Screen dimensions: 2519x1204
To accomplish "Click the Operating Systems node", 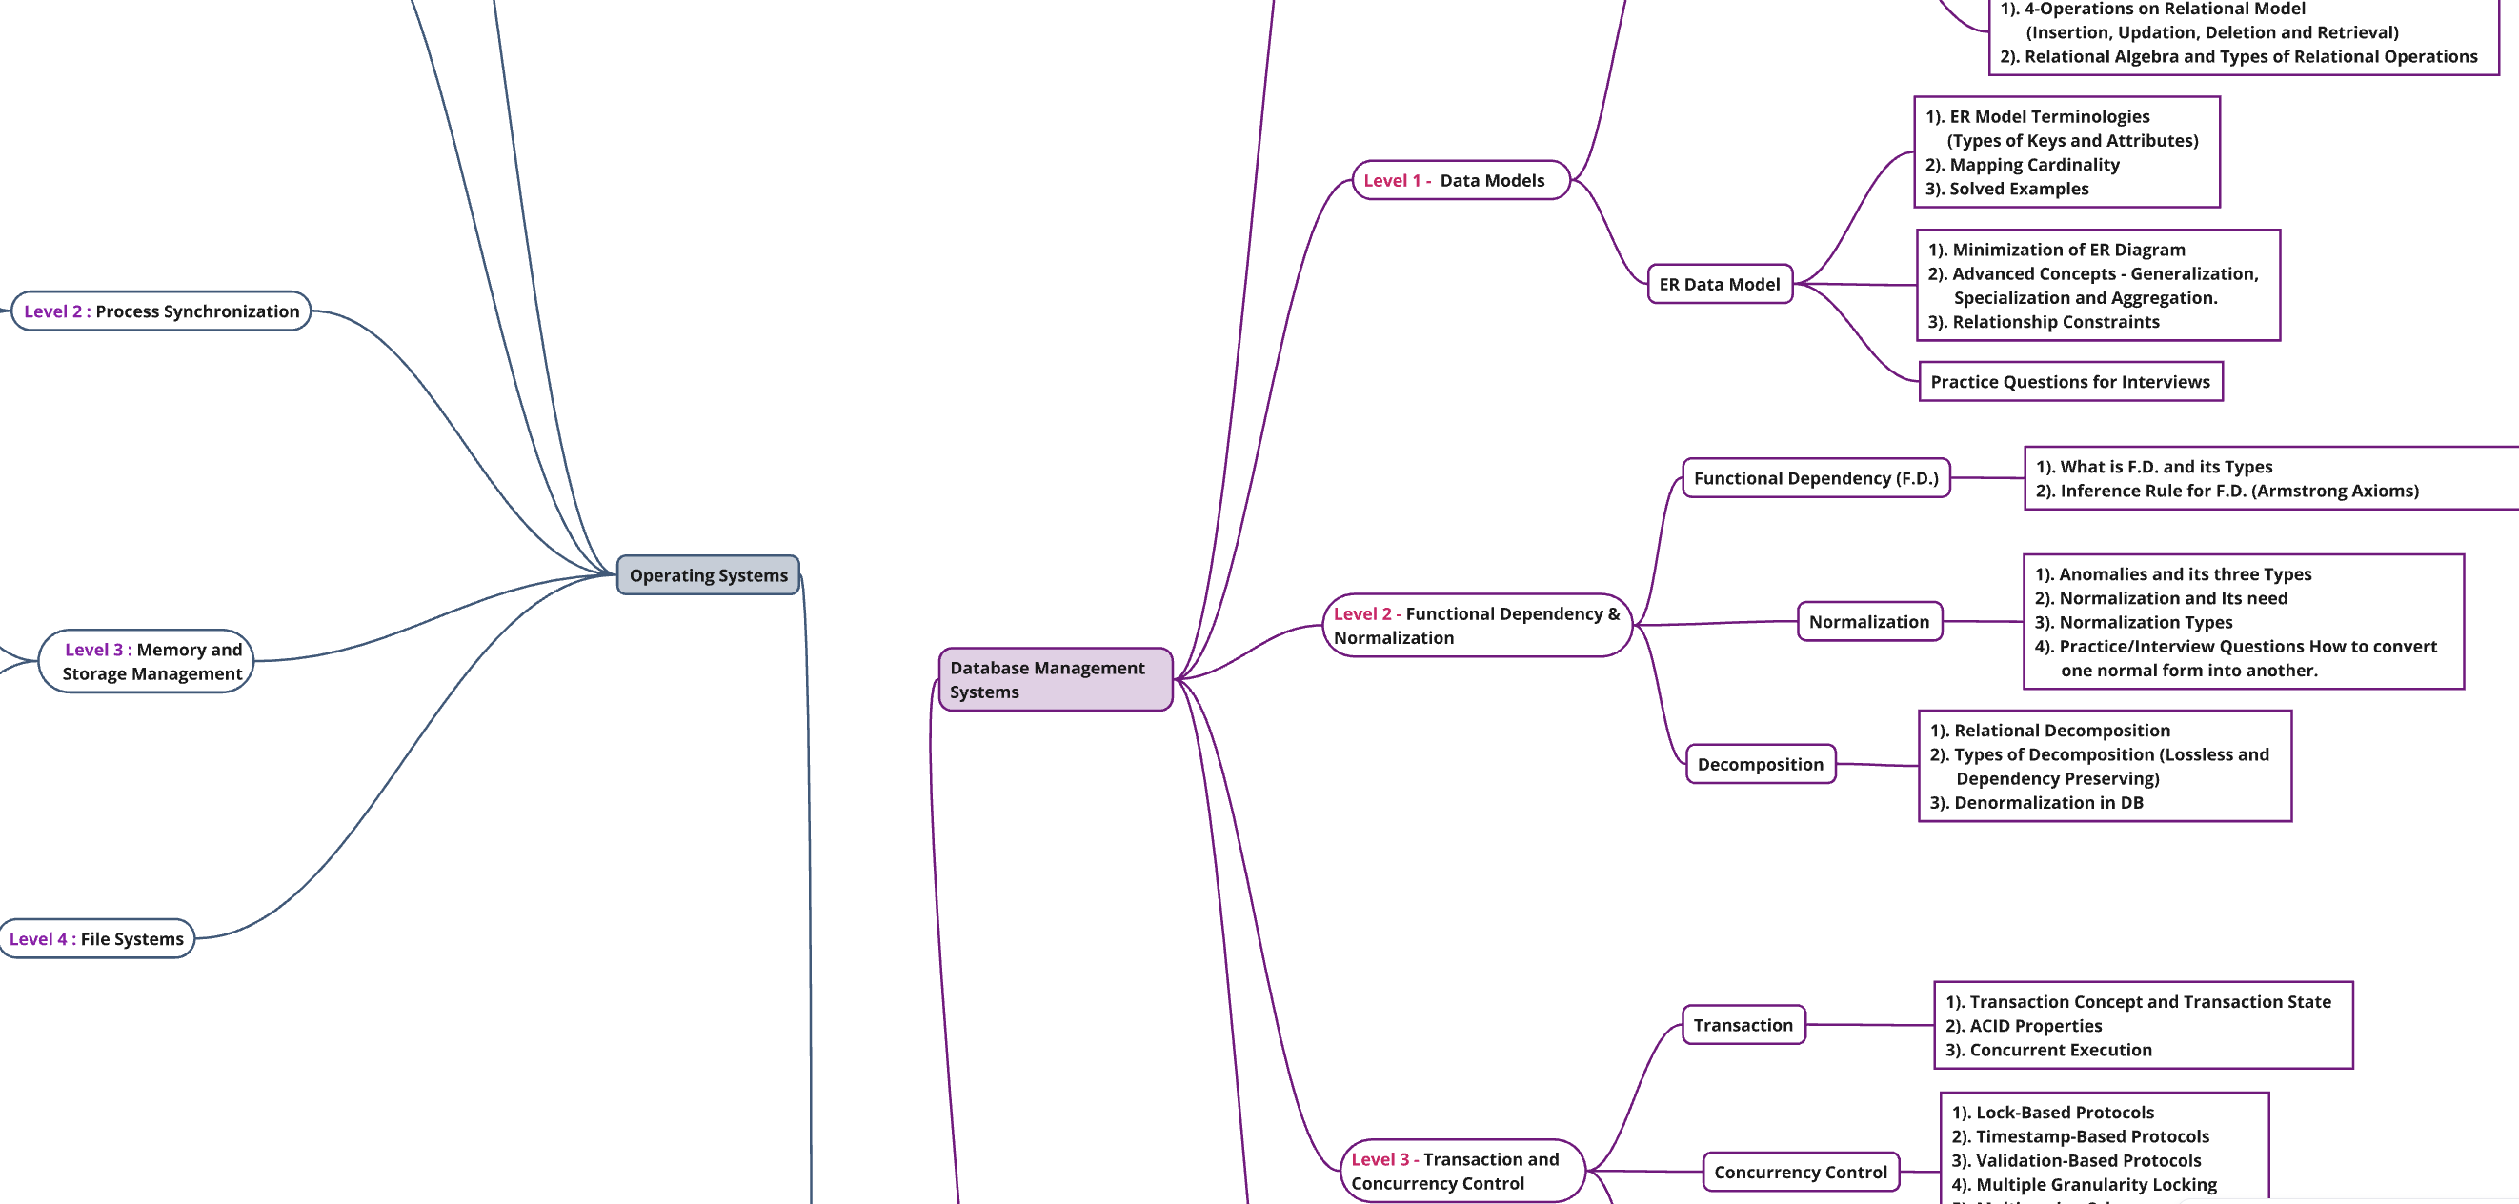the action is pyautogui.click(x=708, y=575).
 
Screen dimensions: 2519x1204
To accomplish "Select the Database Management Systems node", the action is pyautogui.click(x=1055, y=679).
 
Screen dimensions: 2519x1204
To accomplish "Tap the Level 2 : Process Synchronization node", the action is pyautogui.click(x=161, y=311).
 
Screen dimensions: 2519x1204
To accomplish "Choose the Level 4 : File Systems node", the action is pyautogui.click(x=97, y=939).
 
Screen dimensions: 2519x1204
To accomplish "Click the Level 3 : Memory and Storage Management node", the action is pyautogui.click(x=146, y=661).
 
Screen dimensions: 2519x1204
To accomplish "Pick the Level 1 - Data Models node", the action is pyautogui.click(x=1461, y=180).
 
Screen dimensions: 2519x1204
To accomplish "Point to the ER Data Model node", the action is pyautogui.click(x=1720, y=285).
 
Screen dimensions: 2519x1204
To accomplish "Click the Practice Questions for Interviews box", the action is pyautogui.click(x=2070, y=381).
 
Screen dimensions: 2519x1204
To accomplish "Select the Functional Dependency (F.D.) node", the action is pyautogui.click(x=1816, y=478).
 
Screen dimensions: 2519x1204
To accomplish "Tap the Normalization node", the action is pyautogui.click(x=1869, y=622).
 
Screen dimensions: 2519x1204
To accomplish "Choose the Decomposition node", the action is pyautogui.click(x=1762, y=765).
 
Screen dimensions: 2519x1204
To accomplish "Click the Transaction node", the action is pyautogui.click(x=1743, y=1025).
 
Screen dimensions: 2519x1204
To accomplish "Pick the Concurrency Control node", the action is pyautogui.click(x=1802, y=1172).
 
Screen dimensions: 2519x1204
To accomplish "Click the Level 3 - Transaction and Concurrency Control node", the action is pyautogui.click(x=1461, y=1171).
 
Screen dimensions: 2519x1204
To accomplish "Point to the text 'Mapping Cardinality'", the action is pyautogui.click(x=2034, y=165).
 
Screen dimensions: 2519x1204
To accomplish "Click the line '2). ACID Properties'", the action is pyautogui.click(x=2024, y=1026).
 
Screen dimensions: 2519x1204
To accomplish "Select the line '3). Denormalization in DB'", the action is pyautogui.click(x=2036, y=803).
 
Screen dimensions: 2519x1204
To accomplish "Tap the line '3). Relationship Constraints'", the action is pyautogui.click(x=2044, y=322).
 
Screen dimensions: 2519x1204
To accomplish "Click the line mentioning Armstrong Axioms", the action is pyautogui.click(x=2227, y=491).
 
